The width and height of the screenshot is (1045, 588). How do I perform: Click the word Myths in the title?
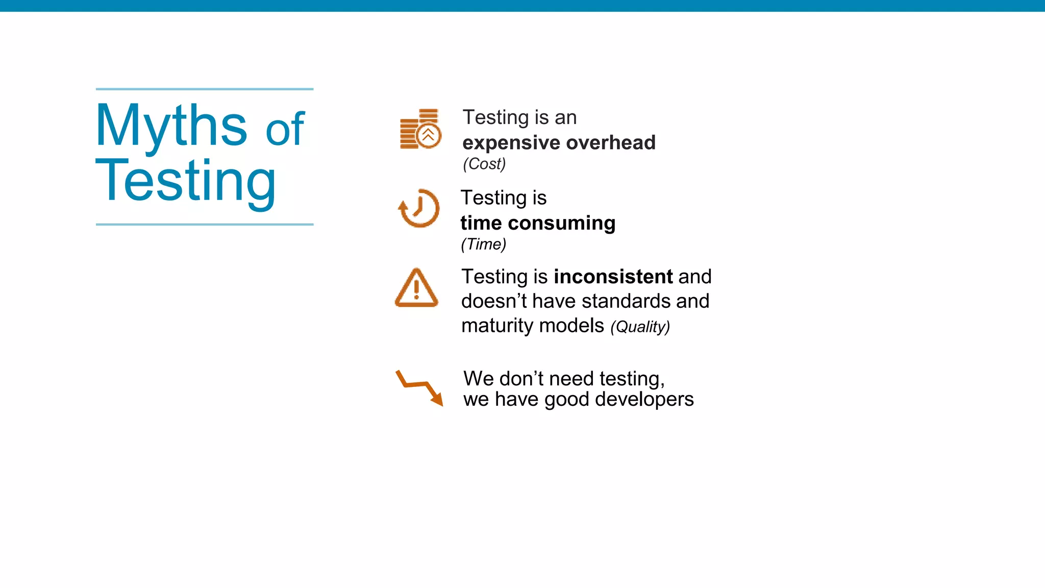coord(171,125)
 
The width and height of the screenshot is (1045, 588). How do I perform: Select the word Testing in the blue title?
coord(186,181)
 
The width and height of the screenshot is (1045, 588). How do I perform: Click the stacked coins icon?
coord(420,129)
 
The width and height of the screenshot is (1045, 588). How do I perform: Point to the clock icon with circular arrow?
coord(419,208)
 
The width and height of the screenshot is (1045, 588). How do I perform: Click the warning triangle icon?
coord(416,288)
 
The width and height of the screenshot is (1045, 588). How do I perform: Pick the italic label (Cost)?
coord(484,164)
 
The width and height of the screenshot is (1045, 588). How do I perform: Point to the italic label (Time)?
coord(483,244)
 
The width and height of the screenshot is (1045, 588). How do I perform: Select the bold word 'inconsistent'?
coord(613,277)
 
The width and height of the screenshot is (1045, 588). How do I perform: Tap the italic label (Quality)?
coord(640,327)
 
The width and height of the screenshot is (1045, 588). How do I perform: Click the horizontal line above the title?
coord(205,89)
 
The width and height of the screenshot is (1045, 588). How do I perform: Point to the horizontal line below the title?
coord(205,224)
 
